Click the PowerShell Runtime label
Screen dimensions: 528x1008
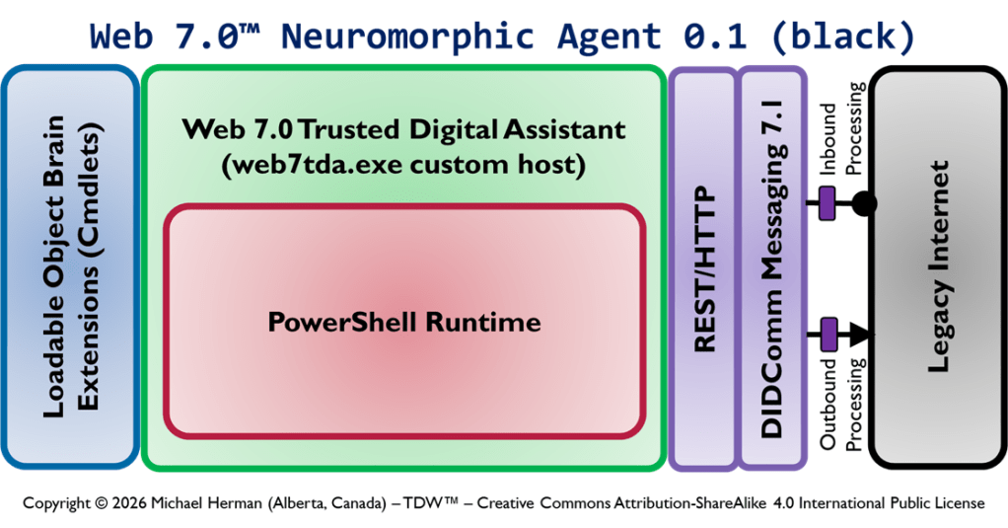click(404, 323)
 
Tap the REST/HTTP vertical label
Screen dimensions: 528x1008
click(704, 268)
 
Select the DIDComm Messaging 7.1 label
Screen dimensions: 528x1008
click(773, 268)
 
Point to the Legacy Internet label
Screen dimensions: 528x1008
click(939, 266)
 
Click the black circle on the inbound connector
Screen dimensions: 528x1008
click(864, 204)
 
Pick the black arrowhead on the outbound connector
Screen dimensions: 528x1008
click(861, 334)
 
